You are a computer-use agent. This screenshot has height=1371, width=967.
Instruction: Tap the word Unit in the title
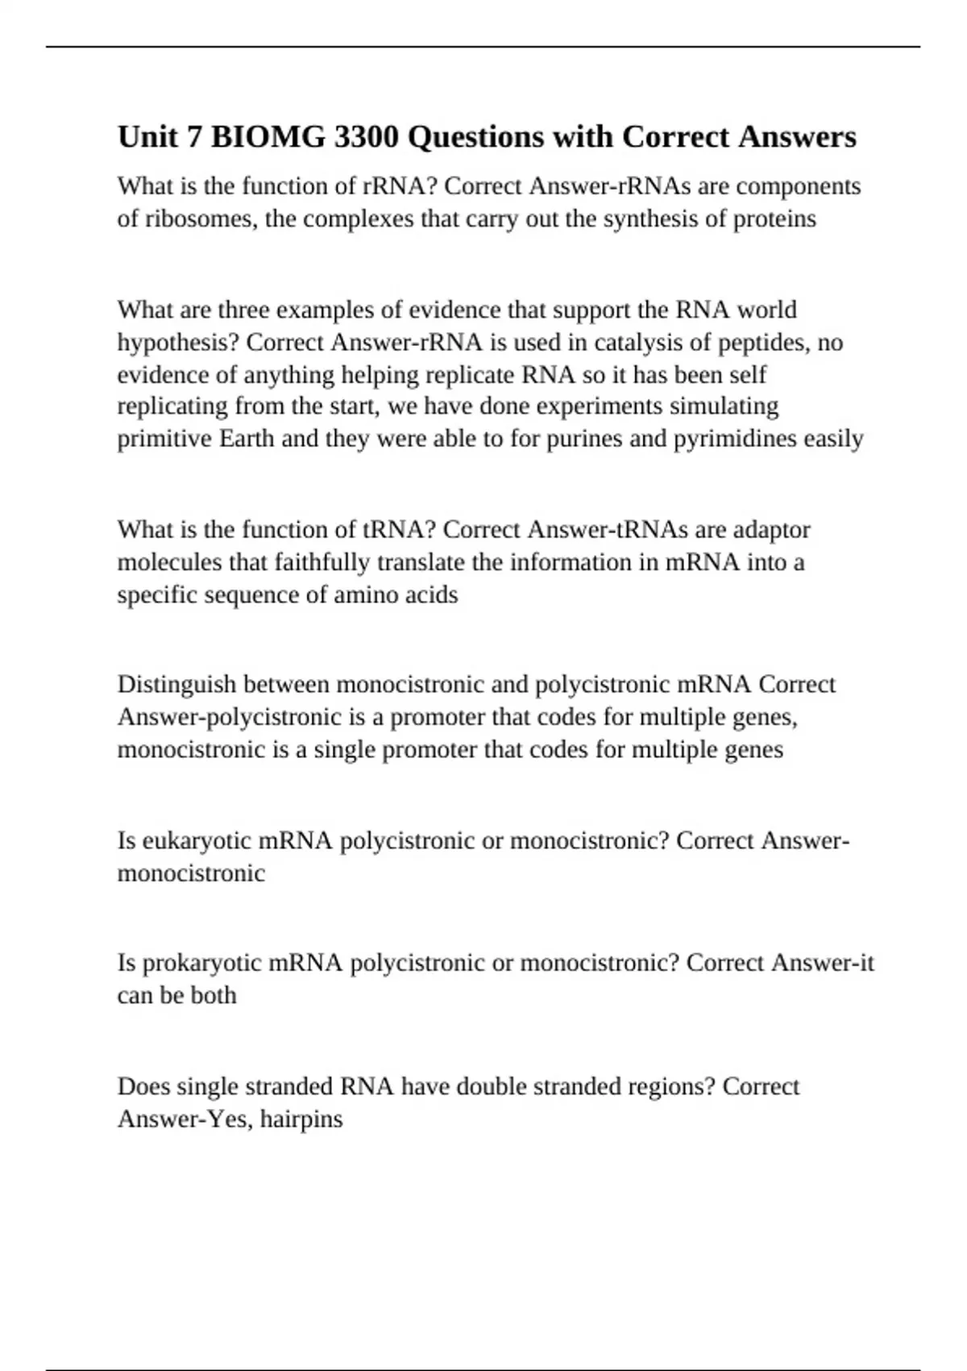pyautogui.click(x=147, y=137)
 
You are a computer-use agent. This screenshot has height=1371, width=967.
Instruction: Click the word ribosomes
pyautogui.click(x=201, y=219)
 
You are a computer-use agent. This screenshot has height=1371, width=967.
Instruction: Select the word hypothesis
pyautogui.click(x=178, y=343)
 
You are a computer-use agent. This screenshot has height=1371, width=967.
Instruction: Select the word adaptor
pyautogui.click(x=772, y=530)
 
